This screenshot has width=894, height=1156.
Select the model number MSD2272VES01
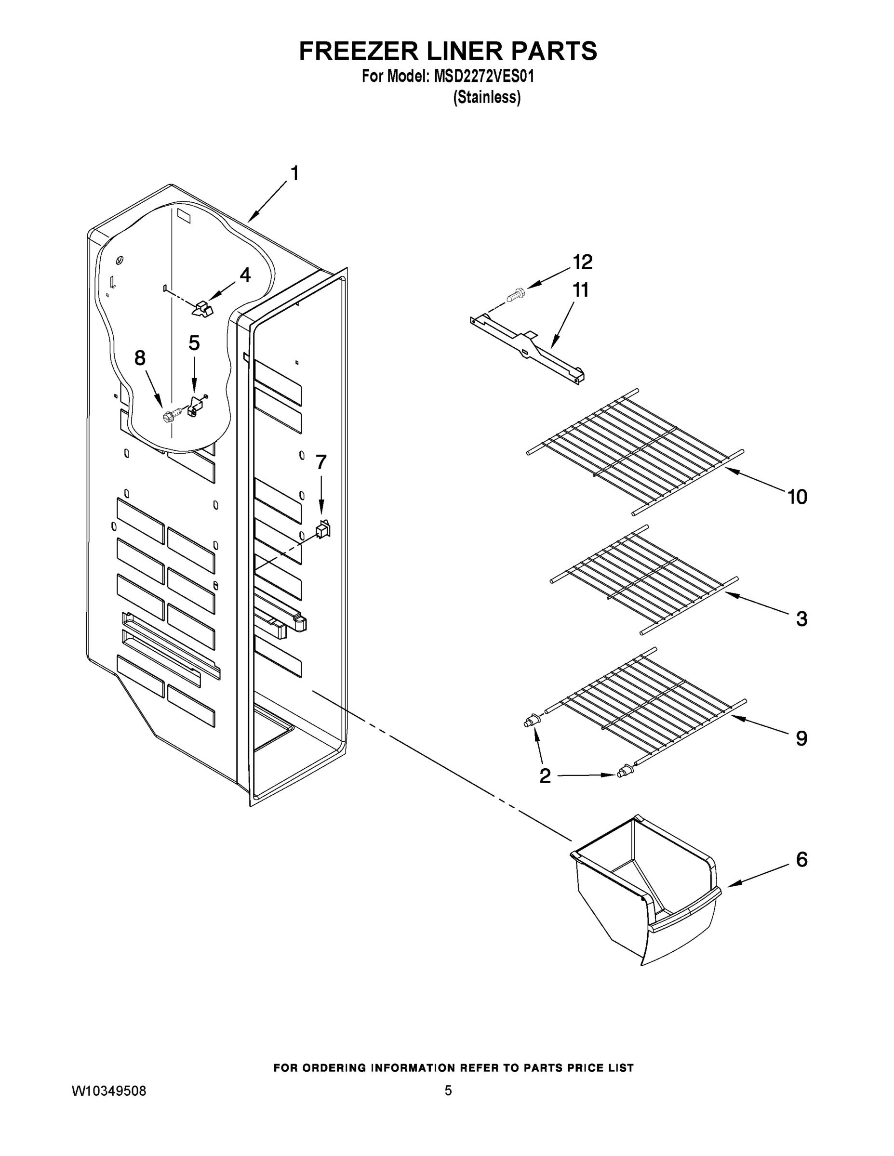pyautogui.click(x=484, y=77)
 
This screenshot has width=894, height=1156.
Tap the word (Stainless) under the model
pyautogui.click(x=487, y=97)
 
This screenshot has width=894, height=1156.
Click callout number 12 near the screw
pyautogui.click(x=582, y=262)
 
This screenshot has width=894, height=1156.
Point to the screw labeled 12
pyautogui.click(x=514, y=294)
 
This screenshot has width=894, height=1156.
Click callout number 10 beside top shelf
pyautogui.click(x=797, y=497)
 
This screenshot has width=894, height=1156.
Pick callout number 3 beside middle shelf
pyautogui.click(x=802, y=618)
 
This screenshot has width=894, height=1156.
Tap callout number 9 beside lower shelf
pyautogui.click(x=802, y=738)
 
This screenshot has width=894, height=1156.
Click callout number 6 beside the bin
pyautogui.click(x=802, y=860)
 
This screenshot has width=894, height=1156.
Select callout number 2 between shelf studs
pyautogui.click(x=545, y=776)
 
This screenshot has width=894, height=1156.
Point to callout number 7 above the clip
pyautogui.click(x=321, y=462)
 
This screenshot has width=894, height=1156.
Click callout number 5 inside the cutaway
pyautogui.click(x=194, y=343)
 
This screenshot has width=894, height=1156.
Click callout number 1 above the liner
pyautogui.click(x=294, y=173)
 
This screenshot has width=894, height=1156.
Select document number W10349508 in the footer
pyautogui.click(x=108, y=1090)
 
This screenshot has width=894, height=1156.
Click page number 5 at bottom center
pyautogui.click(x=448, y=1090)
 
